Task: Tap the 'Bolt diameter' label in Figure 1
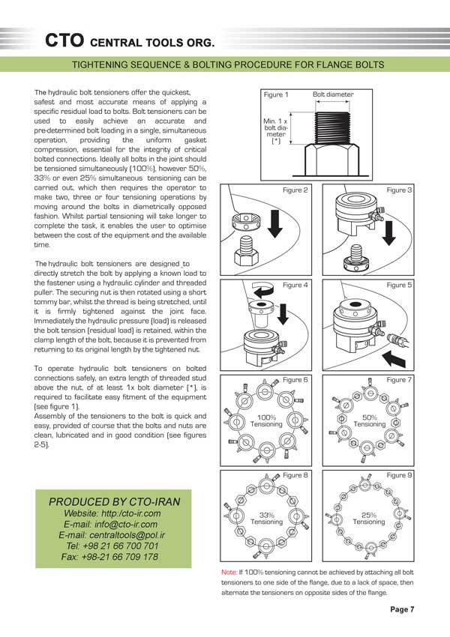(333, 95)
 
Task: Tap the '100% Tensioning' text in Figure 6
(267, 420)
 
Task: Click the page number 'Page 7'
(402, 609)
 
